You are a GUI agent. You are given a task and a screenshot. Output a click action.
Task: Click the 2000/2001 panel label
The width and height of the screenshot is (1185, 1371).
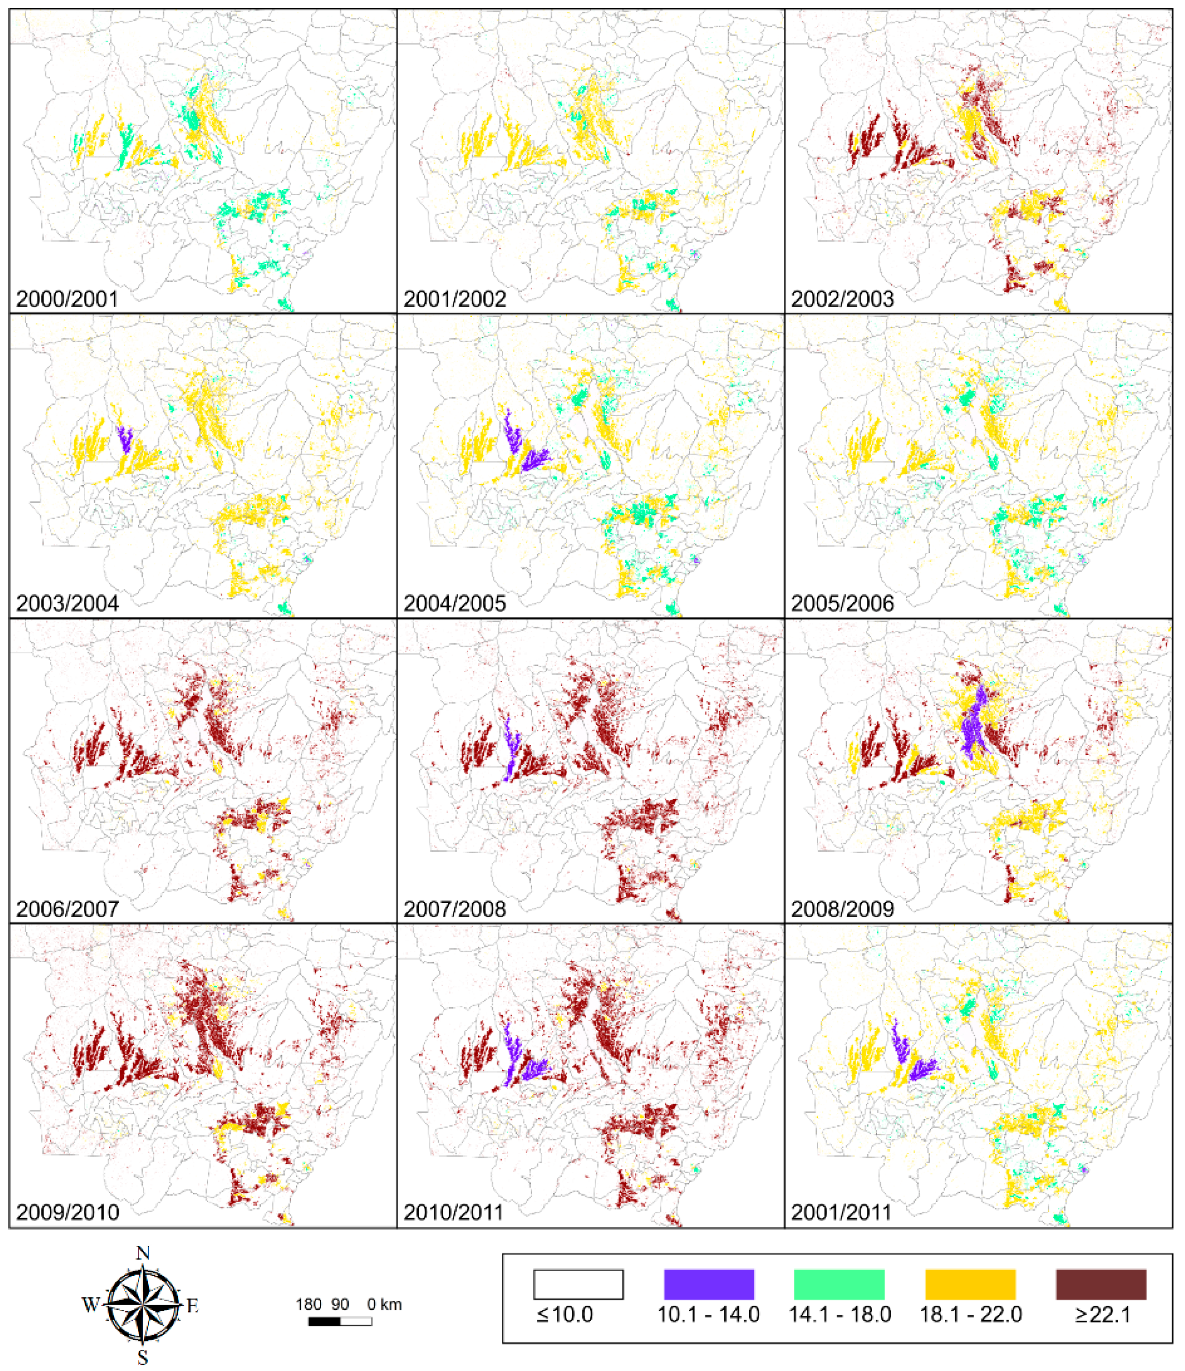pos(67,299)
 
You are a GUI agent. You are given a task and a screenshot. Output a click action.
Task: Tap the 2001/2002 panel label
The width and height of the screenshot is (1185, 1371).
pos(454,299)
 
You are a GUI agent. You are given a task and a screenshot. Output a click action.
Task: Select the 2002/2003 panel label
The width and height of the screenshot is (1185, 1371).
pos(842,299)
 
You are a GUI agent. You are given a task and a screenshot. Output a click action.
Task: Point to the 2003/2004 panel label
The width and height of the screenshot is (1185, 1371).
pos(67,604)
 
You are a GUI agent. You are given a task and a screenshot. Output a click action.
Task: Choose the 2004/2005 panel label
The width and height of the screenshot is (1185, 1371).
pos(454,604)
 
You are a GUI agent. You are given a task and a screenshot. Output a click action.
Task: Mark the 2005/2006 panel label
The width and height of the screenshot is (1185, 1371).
pos(842,604)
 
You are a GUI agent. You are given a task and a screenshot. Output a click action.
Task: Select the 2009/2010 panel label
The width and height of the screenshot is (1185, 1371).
pos(67,1212)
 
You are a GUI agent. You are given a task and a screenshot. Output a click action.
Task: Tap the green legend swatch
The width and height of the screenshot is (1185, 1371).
pos(839,1284)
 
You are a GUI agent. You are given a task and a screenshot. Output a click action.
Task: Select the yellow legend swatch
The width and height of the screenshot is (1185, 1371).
pos(970,1284)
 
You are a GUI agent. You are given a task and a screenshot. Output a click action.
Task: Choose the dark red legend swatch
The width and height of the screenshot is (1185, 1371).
pos(1101,1284)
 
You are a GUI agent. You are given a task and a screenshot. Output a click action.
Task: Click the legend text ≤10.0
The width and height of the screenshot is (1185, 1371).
pos(565,1315)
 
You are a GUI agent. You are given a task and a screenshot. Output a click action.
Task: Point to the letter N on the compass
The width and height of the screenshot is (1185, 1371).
pos(142,1253)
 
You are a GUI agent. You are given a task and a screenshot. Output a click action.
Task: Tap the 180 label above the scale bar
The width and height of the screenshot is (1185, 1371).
pos(309,1305)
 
